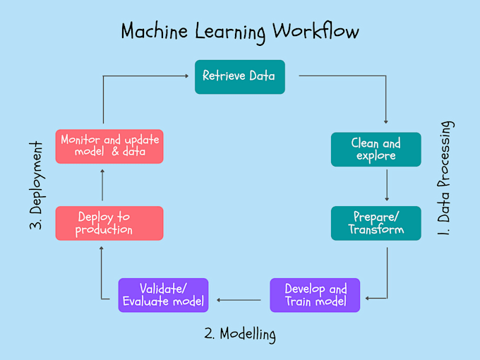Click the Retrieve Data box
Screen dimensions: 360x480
click(x=239, y=76)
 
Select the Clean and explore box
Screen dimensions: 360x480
click(x=376, y=149)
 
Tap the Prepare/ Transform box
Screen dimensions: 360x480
click(x=376, y=223)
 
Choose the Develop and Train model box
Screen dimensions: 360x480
click(x=315, y=295)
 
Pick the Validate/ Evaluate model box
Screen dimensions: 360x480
click(x=163, y=295)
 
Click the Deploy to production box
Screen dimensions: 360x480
click(x=109, y=223)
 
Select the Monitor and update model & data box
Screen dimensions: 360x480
click(x=109, y=146)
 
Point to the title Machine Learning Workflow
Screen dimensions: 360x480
click(x=239, y=32)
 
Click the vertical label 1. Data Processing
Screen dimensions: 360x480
click(x=445, y=179)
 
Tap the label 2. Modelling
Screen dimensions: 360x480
click(x=239, y=333)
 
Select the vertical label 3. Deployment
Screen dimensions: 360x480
click(x=37, y=185)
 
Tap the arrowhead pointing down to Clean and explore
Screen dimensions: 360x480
click(x=387, y=121)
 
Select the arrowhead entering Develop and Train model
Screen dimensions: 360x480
click(x=364, y=299)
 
